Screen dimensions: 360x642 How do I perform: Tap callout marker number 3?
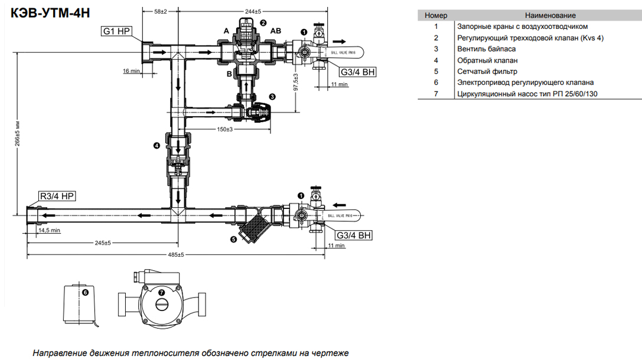click(x=272, y=96)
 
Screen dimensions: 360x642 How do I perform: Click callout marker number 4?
click(x=156, y=145)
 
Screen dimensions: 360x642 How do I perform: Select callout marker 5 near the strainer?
click(x=233, y=239)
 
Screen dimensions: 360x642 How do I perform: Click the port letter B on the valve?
click(x=229, y=74)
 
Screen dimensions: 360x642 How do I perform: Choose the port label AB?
click(x=276, y=31)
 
